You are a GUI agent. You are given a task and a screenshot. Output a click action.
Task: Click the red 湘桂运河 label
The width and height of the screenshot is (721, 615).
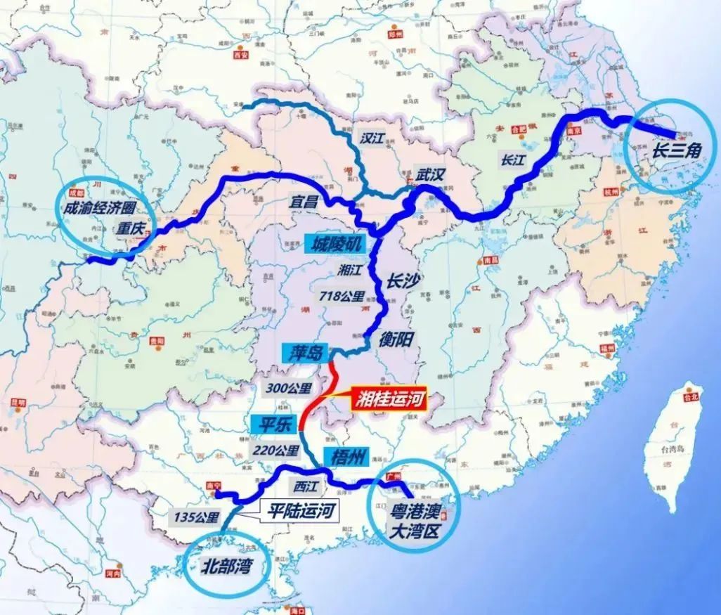click(388, 401)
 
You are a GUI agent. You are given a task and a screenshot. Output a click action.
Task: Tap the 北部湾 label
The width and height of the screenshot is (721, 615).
click(226, 566)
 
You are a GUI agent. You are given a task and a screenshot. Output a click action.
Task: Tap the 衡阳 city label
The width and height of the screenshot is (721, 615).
click(399, 338)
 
